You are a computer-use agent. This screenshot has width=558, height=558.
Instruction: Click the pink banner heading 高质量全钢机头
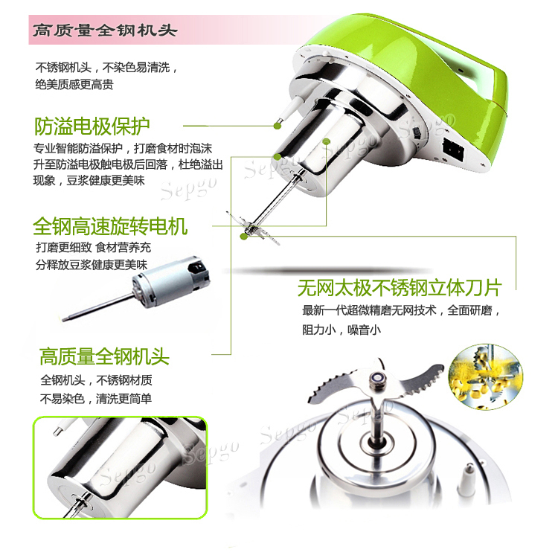[105, 31]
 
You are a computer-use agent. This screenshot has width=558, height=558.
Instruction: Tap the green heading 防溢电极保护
[92, 126]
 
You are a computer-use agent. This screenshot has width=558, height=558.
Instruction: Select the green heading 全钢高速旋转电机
[110, 226]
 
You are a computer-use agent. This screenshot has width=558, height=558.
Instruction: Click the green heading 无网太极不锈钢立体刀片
[400, 287]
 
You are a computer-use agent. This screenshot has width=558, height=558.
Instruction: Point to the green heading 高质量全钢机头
[104, 356]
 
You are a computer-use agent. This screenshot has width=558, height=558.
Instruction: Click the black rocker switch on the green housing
[453, 149]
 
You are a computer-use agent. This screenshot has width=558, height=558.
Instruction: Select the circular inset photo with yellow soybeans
[486, 376]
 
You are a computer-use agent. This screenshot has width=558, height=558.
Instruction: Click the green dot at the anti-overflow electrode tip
[278, 125]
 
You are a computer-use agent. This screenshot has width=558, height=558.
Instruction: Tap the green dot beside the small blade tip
[244, 236]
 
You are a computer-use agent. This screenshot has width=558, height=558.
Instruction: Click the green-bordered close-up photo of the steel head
[120, 467]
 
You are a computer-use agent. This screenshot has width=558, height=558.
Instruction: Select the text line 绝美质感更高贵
[74, 85]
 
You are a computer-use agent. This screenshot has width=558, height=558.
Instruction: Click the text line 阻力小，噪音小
[341, 330]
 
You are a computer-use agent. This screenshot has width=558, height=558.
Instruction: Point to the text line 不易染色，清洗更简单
[96, 399]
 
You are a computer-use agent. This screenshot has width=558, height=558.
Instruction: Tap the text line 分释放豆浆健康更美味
[91, 264]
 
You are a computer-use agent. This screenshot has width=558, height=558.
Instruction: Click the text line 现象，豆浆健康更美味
[89, 181]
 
